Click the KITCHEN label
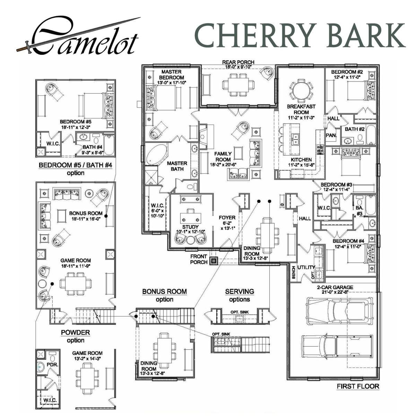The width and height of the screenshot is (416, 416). coord(301,160)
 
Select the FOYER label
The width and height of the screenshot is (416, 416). coord(227,218)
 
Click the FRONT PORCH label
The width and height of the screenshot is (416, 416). coord(199,259)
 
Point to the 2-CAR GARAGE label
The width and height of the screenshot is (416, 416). coord(335,287)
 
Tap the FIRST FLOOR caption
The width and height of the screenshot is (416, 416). coord(358,386)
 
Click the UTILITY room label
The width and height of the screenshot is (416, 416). coord(306,267)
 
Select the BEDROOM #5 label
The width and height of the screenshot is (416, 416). coord(76,122)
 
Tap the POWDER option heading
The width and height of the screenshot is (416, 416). coord(75,332)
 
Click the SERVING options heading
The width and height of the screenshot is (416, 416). coord(239,292)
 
